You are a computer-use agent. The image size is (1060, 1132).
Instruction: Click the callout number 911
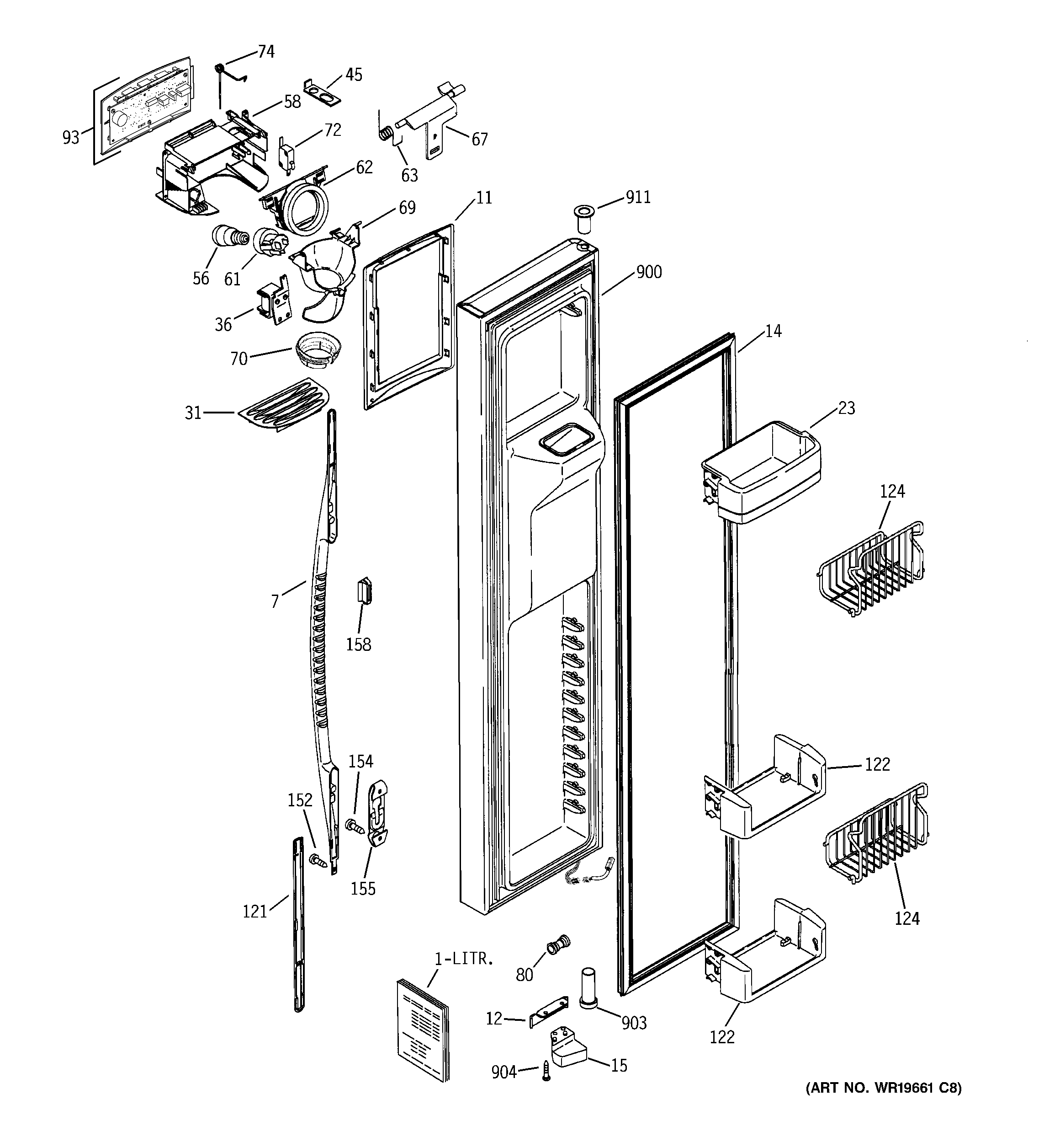[638, 198]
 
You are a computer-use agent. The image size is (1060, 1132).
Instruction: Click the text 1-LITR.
[464, 959]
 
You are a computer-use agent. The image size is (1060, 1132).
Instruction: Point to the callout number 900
[649, 272]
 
